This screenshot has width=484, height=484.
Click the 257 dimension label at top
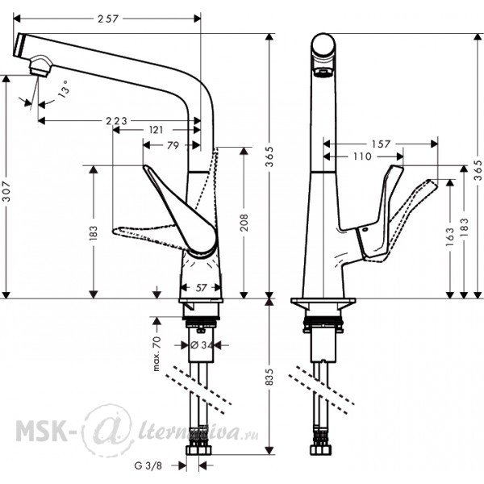point(108,19)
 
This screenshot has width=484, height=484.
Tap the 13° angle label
point(64,89)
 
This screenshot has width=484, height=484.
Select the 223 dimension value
point(116,121)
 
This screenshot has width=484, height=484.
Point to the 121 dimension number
point(156,130)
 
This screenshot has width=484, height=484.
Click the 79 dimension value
point(173,145)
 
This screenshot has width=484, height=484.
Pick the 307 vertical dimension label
point(6,191)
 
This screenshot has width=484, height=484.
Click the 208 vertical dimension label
point(244,223)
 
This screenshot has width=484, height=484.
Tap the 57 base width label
point(201,288)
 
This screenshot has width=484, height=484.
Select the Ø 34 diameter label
point(202,345)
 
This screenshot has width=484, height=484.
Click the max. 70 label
point(156,354)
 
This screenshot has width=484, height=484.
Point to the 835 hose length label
point(269,377)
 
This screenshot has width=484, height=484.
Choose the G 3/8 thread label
point(148,465)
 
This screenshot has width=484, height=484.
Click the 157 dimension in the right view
point(381,144)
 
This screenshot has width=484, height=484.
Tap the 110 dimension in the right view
point(362,156)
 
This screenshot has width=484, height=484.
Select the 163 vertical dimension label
point(450,236)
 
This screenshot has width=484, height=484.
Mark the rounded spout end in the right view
point(323,45)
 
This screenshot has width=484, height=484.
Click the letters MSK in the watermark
point(40,431)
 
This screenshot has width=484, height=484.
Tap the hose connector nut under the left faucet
point(198,450)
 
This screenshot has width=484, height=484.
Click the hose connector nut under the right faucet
point(321,450)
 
